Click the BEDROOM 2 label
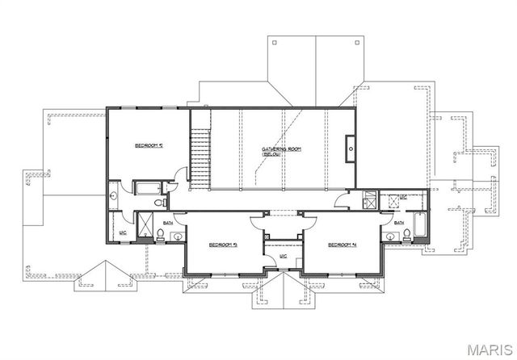pyautogui.click(x=149, y=145)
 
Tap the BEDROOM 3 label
pyautogui.click(x=222, y=245)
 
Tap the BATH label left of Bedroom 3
pyautogui.click(x=169, y=223)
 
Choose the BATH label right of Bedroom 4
pyautogui.click(x=400, y=223)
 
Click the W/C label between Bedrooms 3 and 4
pyautogui.click(x=283, y=257)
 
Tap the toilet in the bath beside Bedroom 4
pyautogui.click(x=407, y=236)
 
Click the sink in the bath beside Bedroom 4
pyautogui.click(x=391, y=237)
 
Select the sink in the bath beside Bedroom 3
pyautogui.click(x=176, y=237)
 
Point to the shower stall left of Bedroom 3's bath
pyautogui.click(x=146, y=226)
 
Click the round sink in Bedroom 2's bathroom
pyautogui.click(x=114, y=195)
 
